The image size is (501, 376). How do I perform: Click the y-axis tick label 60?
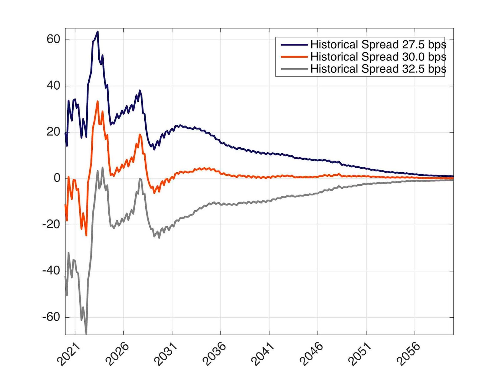pyautogui.click(x=53, y=39)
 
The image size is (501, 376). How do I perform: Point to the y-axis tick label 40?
pyautogui.click(x=53, y=86)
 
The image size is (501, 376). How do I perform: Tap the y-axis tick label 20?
pyautogui.click(x=53, y=132)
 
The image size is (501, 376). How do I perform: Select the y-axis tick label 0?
pyautogui.click(x=57, y=178)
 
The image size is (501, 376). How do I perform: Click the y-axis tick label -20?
pyautogui.click(x=51, y=224)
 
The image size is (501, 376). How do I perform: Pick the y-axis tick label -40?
pyautogui.click(x=51, y=270)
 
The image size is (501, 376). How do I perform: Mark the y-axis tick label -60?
pyautogui.click(x=51, y=317)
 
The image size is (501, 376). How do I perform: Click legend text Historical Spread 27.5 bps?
pyautogui.click(x=378, y=45)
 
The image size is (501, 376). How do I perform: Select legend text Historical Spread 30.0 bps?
pyautogui.click(x=378, y=57)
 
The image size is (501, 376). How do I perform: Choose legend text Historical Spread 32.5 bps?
pyautogui.click(x=378, y=69)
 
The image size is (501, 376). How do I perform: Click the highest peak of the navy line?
pyautogui.click(x=98, y=32)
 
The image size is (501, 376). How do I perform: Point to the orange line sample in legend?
pyautogui.click(x=294, y=57)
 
